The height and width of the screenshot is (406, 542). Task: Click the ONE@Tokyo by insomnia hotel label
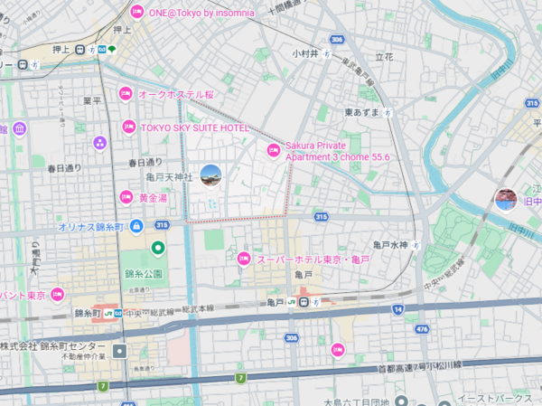pos(201,12)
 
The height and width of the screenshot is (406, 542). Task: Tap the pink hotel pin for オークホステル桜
pos(126,93)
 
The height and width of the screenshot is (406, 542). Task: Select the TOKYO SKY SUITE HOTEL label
pos(194,128)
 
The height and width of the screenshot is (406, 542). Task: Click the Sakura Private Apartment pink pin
pos(272,150)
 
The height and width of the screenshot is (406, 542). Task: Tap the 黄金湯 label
pos(153,197)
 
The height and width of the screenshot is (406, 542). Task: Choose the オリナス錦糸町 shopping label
pos(91,227)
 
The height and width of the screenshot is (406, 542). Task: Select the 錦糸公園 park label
pos(145,272)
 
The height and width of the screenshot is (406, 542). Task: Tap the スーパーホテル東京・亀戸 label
pos(312,260)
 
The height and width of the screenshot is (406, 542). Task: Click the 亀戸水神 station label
pos(391,245)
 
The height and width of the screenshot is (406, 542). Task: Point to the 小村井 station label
pos(304,53)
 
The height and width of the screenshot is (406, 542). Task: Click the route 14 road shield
pos(397,310)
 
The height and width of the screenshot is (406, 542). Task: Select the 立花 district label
pos(384,56)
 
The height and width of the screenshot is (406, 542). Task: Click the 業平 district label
pos(92,100)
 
